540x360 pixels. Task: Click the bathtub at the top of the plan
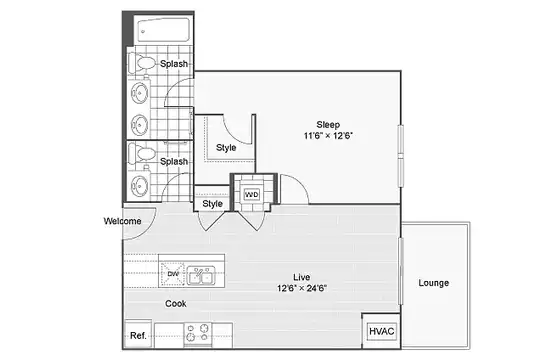click(x=164, y=30)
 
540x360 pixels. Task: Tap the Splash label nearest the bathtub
click(x=174, y=64)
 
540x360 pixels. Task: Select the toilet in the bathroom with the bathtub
click(x=142, y=63)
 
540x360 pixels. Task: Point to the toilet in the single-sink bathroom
click(x=142, y=154)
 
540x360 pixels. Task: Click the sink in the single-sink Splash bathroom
click(x=140, y=185)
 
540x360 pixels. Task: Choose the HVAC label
click(x=382, y=331)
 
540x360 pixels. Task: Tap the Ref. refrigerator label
click(x=138, y=335)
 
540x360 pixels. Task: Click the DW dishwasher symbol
click(x=173, y=274)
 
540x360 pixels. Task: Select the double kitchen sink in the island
click(x=201, y=275)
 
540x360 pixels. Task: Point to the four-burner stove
click(x=198, y=332)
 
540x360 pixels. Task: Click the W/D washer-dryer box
click(x=251, y=195)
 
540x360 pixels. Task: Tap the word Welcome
click(x=123, y=221)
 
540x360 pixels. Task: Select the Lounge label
click(x=434, y=283)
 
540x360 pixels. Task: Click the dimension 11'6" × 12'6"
click(x=328, y=136)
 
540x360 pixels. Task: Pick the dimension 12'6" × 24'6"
click(x=302, y=288)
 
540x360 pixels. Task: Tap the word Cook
click(x=176, y=304)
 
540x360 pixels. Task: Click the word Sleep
click(x=328, y=125)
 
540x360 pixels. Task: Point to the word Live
click(x=302, y=277)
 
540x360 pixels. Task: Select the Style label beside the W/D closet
click(x=212, y=204)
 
